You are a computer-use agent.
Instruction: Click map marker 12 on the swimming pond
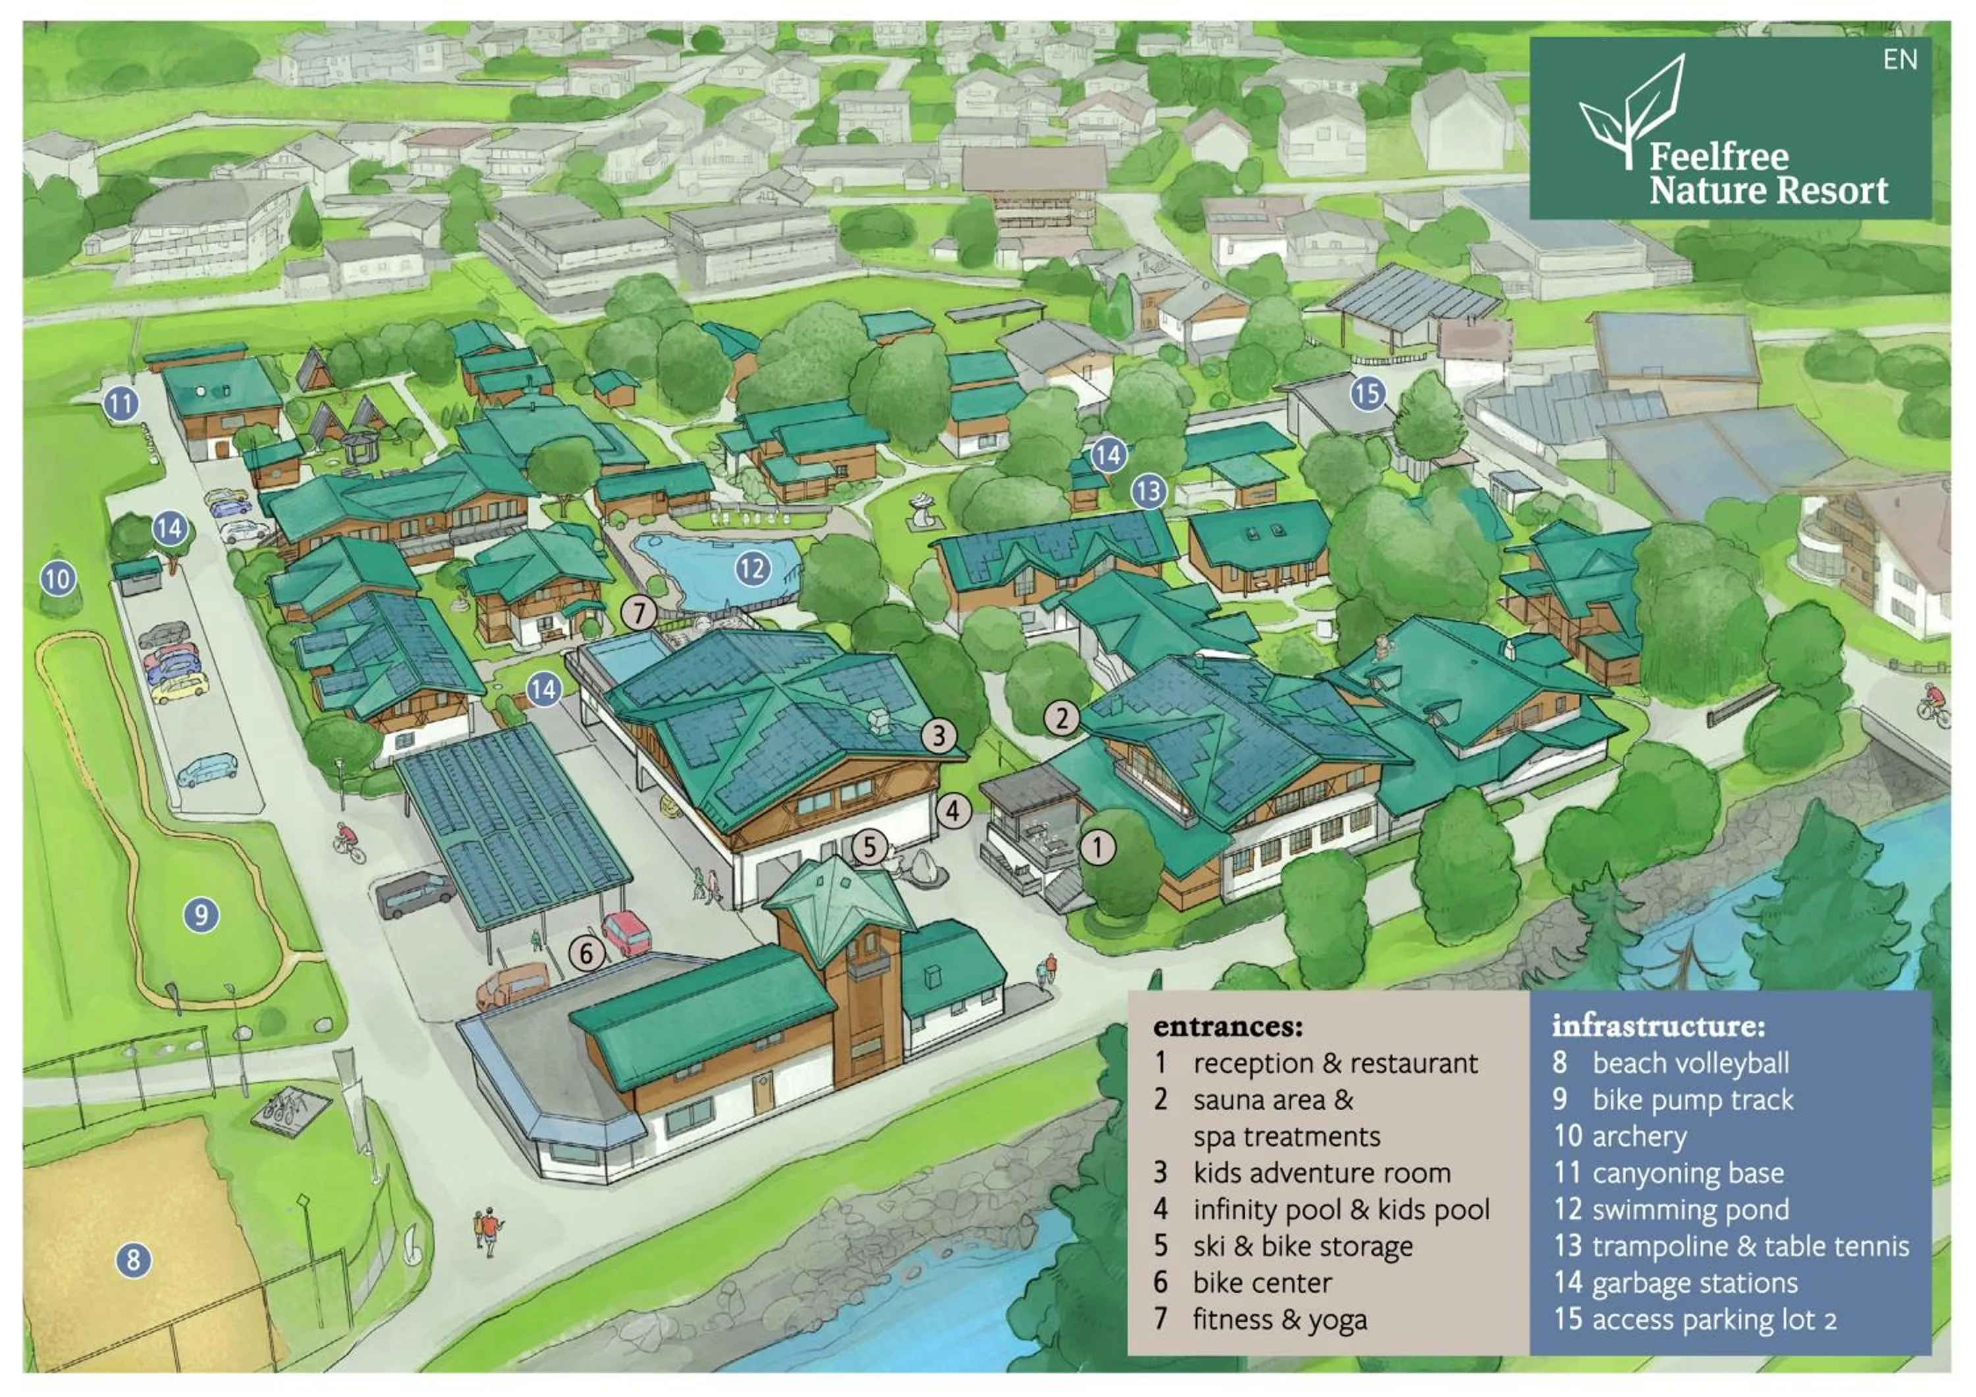click(x=752, y=568)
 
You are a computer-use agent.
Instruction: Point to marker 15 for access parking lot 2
click(x=1367, y=393)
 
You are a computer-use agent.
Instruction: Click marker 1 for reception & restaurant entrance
click(x=1097, y=847)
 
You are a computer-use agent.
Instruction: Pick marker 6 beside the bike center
click(x=587, y=953)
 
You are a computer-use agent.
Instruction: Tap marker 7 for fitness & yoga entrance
click(x=639, y=613)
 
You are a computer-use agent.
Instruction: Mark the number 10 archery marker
click(x=58, y=579)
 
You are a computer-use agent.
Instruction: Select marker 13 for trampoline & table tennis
click(x=1148, y=492)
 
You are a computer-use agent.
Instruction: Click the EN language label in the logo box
click(x=1900, y=60)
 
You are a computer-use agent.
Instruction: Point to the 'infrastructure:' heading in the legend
click(x=1658, y=1026)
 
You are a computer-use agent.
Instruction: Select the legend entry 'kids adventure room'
click(x=1321, y=1173)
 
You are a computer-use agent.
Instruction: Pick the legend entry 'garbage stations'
click(x=1693, y=1284)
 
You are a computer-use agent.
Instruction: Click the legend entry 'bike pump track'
click(x=1692, y=1100)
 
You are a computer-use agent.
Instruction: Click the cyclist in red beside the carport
click(x=349, y=841)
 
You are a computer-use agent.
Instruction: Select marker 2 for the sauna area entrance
click(x=1062, y=718)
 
